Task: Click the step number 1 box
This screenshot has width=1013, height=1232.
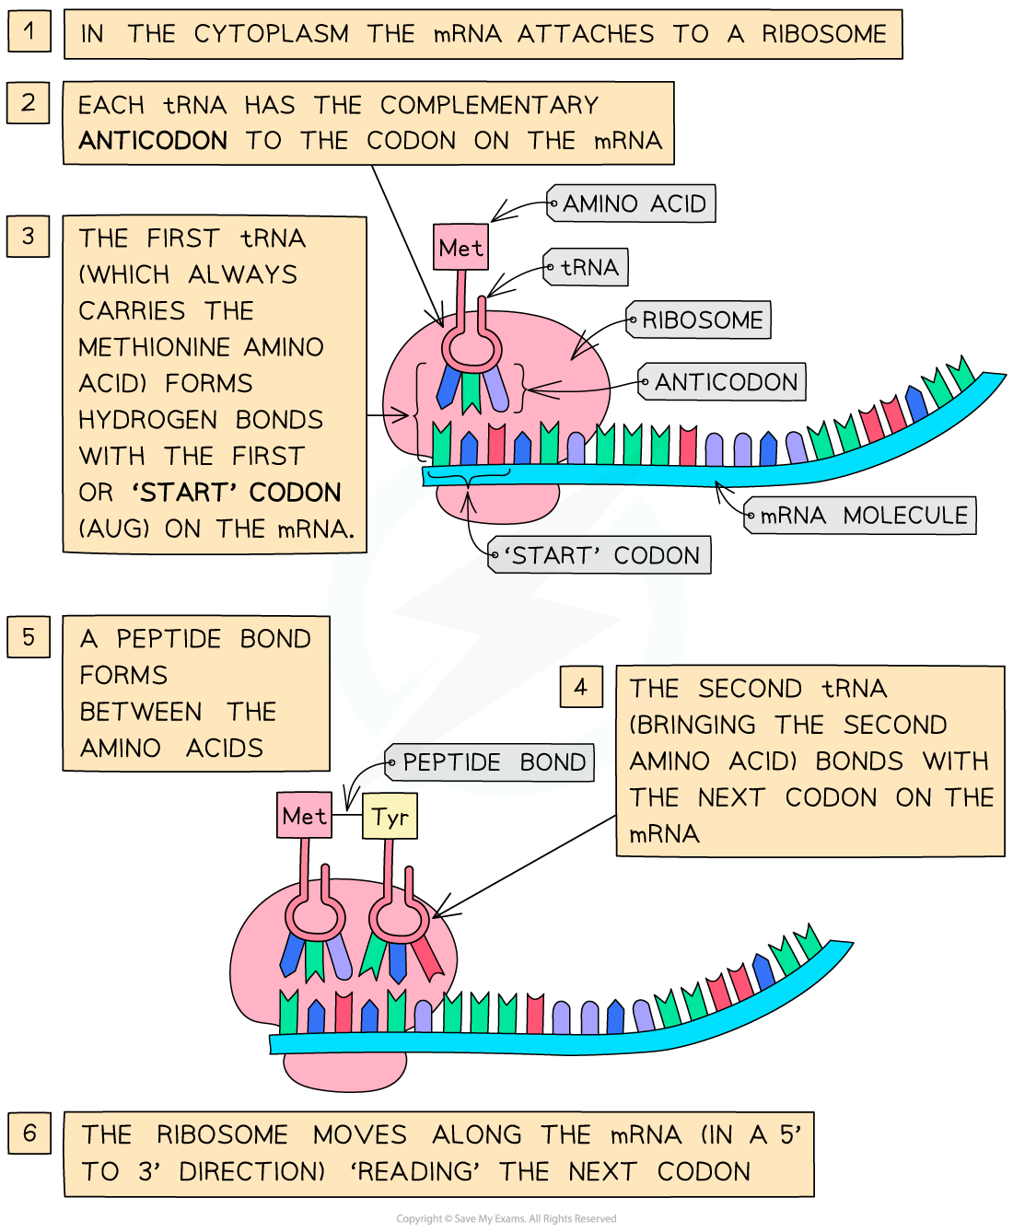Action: pos(29,31)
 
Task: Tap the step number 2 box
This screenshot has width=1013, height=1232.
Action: pos(29,102)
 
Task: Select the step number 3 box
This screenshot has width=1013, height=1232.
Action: pos(29,237)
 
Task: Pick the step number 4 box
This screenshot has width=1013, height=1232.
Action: pos(581,687)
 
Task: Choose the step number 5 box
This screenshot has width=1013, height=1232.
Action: pos(29,637)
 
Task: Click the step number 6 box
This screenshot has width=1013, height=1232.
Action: pos(29,1133)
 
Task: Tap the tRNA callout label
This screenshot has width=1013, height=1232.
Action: pos(587,267)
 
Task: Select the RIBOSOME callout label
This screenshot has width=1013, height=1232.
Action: pos(699,320)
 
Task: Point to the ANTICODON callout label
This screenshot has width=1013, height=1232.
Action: pos(723,382)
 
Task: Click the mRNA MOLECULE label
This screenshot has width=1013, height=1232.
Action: pos(860,516)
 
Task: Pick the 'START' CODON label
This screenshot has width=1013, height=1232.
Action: pos(600,555)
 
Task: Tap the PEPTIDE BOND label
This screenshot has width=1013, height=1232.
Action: pos(490,762)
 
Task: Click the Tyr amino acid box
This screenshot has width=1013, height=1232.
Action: pos(390,817)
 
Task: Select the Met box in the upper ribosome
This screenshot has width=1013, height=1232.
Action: pos(460,248)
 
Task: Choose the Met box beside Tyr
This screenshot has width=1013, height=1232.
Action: pos(305,816)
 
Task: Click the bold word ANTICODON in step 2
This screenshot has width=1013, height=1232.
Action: pos(153,141)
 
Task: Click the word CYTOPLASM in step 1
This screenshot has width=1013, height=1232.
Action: pos(272,34)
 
